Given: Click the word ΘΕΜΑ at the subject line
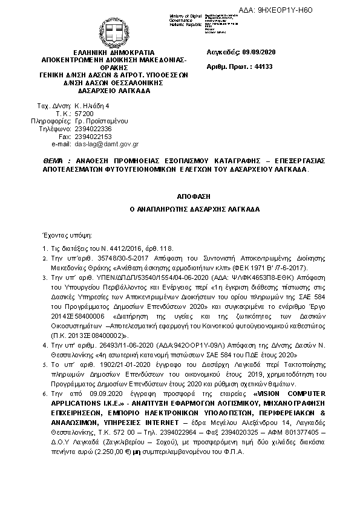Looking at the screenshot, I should (x=53, y=161).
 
